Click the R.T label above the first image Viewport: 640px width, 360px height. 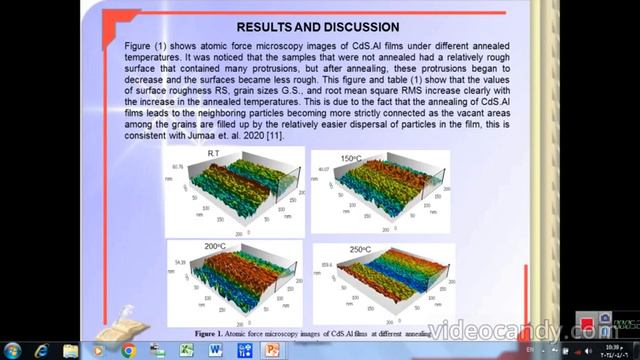click(213, 152)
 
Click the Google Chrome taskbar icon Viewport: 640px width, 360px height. click(128, 350)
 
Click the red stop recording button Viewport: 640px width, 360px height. click(584, 326)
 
